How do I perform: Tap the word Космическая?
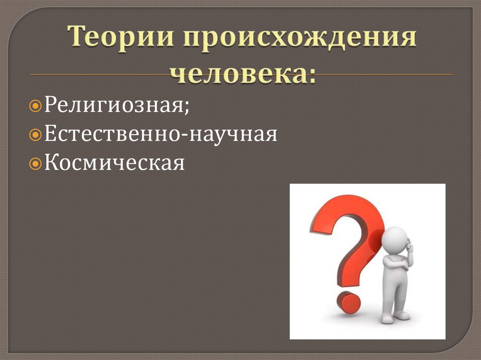tap(115, 163)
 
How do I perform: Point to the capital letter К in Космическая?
tap(51, 163)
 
